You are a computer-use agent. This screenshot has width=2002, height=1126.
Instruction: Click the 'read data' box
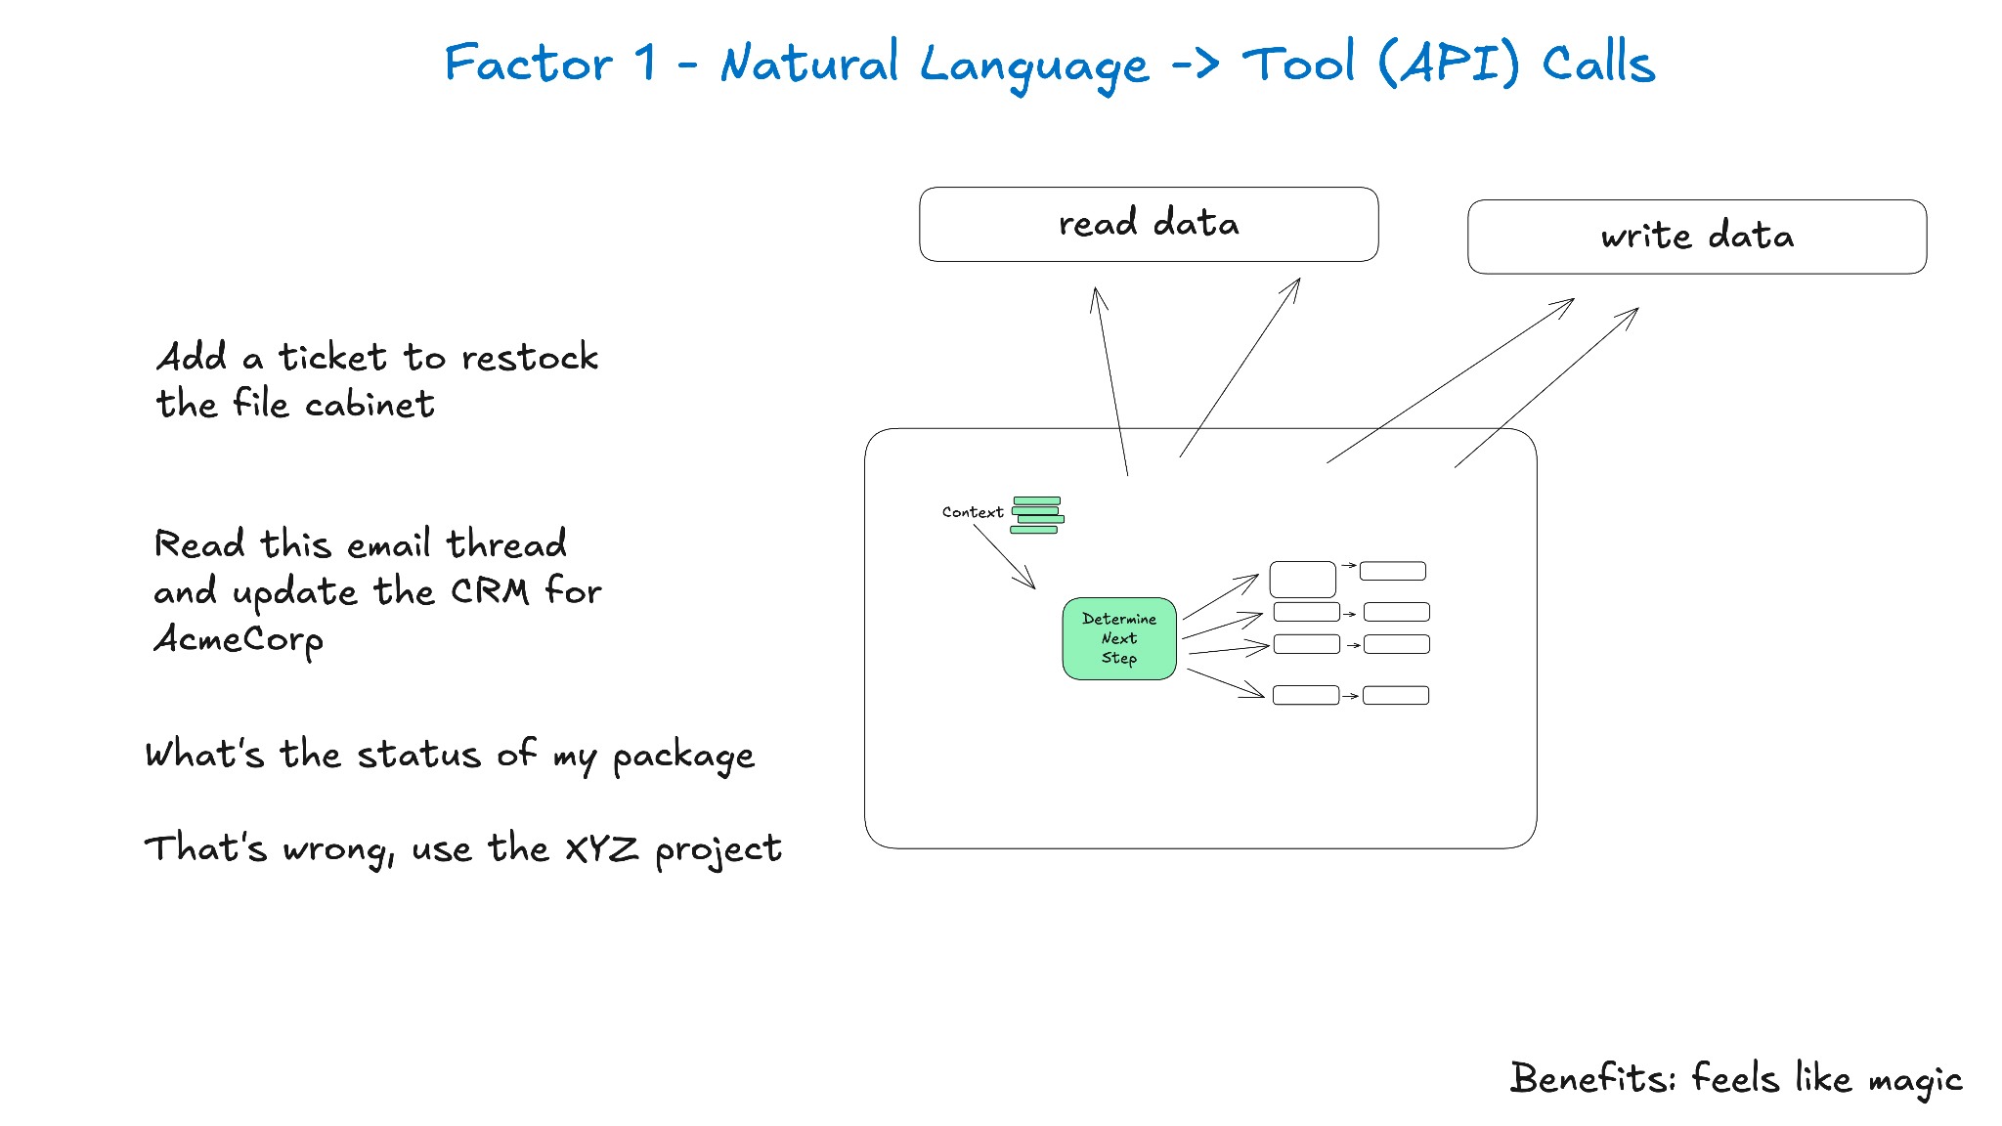(x=1149, y=224)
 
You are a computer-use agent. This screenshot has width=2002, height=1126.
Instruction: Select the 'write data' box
(x=1697, y=237)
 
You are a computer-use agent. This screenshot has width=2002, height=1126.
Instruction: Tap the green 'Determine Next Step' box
(x=1119, y=638)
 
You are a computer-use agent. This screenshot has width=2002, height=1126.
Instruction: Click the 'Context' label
(x=973, y=512)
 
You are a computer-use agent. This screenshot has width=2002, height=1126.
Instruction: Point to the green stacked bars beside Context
(x=1037, y=515)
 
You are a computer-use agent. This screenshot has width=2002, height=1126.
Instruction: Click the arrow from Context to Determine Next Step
(x=1004, y=557)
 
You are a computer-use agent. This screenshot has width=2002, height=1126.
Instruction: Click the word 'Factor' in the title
(x=529, y=64)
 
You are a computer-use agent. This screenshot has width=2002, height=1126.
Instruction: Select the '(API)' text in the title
(x=1449, y=64)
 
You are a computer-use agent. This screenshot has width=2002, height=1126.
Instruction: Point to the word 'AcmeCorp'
(x=239, y=640)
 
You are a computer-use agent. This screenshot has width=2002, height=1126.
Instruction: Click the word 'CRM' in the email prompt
(x=490, y=591)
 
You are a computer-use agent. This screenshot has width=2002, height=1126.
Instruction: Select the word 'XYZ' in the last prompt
(x=602, y=848)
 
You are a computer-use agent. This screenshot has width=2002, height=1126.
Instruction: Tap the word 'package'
(x=683, y=757)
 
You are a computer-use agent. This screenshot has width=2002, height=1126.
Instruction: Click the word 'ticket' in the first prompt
(x=332, y=357)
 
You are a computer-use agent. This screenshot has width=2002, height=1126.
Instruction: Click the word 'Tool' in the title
(x=1298, y=64)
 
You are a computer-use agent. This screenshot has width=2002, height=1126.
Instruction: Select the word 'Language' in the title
(x=1034, y=66)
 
